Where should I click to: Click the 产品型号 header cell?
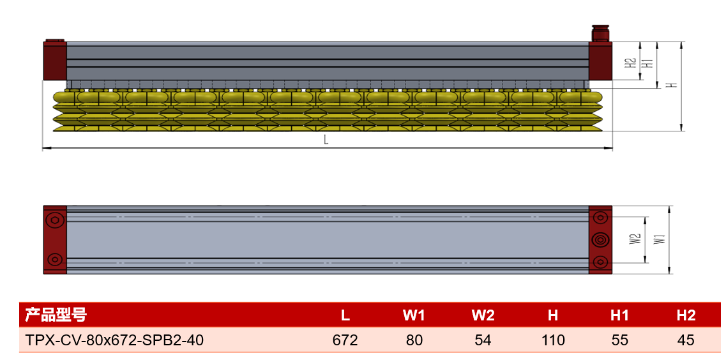pos(55,315)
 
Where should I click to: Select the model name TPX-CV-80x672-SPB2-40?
pos(114,341)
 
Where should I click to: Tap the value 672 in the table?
pos(345,341)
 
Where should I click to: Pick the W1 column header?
pos(414,315)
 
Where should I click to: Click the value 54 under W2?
pos(483,341)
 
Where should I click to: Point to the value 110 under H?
pos(553,341)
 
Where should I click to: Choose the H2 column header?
pos(686,315)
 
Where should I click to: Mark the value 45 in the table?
pos(686,341)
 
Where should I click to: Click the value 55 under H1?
pos(619,341)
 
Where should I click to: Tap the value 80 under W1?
pos(414,341)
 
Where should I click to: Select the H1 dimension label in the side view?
pos(650,63)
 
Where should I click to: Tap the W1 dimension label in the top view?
pos(660,239)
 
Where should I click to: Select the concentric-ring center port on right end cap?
pos(600,239)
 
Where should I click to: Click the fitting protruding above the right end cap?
pos(600,34)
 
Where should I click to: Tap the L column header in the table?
pos(345,315)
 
